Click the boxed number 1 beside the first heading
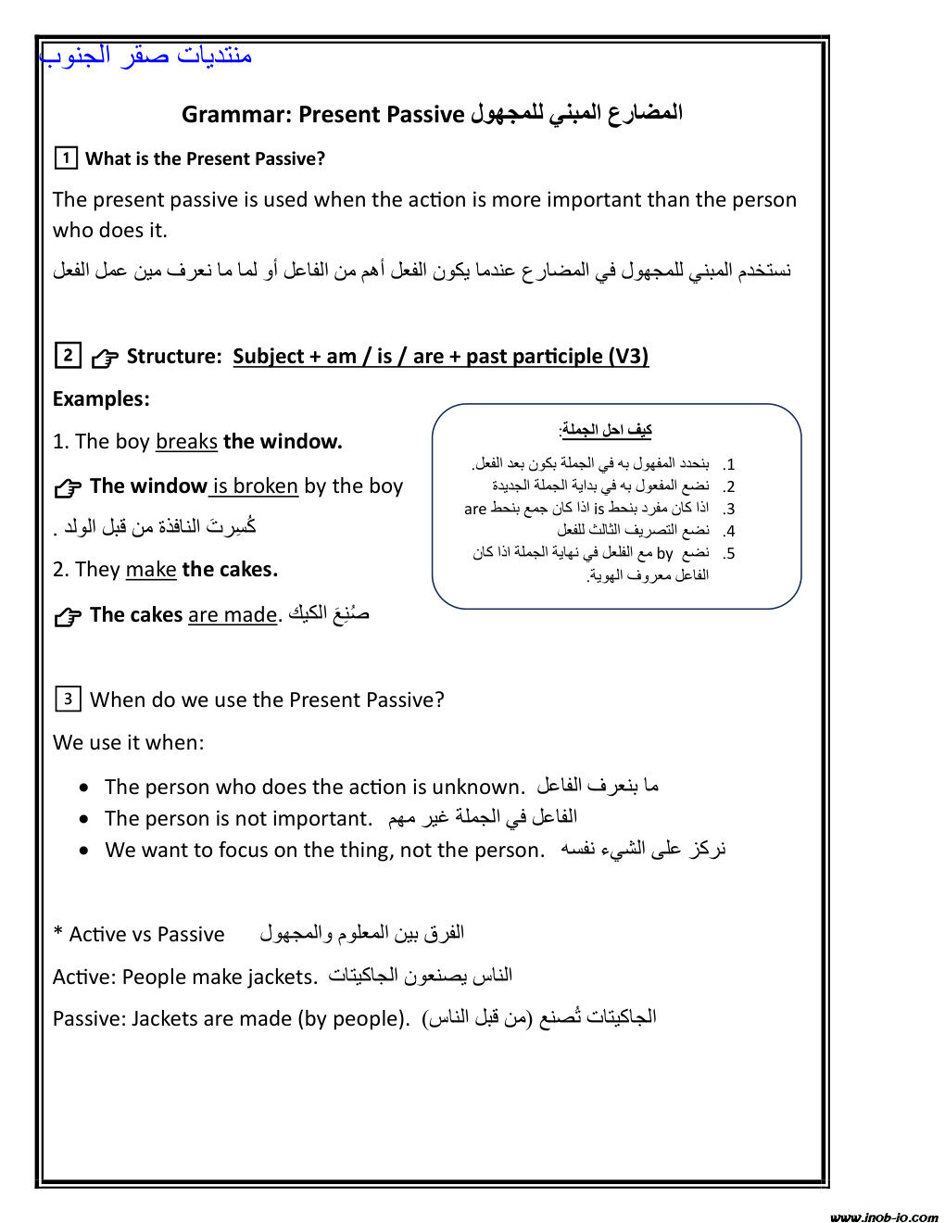click(x=66, y=158)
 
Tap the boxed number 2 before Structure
click(x=68, y=355)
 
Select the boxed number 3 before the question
click(x=68, y=699)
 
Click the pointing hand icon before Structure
click(x=105, y=358)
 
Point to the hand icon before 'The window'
click(x=68, y=488)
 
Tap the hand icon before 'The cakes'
click(x=68, y=616)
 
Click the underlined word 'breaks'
click(x=186, y=442)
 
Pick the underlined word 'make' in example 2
click(x=151, y=570)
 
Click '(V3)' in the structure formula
click(x=628, y=357)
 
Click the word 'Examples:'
click(x=101, y=399)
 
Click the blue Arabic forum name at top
click(x=146, y=56)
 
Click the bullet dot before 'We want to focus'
click(x=84, y=851)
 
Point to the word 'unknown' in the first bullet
click(x=477, y=788)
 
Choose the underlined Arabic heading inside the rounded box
click(x=606, y=430)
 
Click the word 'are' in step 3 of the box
click(x=475, y=509)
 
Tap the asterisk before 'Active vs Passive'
click(x=57, y=932)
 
